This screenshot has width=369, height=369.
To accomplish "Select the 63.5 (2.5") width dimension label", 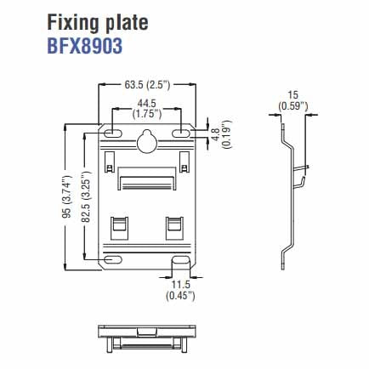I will (147, 85).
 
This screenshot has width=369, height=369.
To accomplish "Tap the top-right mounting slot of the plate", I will (182, 133).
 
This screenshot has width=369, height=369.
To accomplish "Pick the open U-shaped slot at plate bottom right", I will (181, 264).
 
